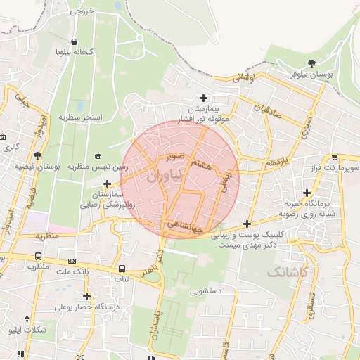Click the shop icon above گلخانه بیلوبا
tap(75, 42)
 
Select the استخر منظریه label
tap(80, 116)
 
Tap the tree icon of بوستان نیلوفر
tap(311, 63)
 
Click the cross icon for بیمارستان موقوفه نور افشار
tap(204, 98)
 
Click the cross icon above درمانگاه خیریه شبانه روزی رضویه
tap(307, 193)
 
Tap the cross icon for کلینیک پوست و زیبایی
tap(247, 224)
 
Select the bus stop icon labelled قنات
tap(122, 269)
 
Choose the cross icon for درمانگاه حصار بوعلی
tap(86, 296)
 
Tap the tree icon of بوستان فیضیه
tap(37, 156)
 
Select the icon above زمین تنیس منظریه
tap(97, 156)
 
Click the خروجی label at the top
tap(82, 12)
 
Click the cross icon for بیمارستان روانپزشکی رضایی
tap(106, 184)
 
